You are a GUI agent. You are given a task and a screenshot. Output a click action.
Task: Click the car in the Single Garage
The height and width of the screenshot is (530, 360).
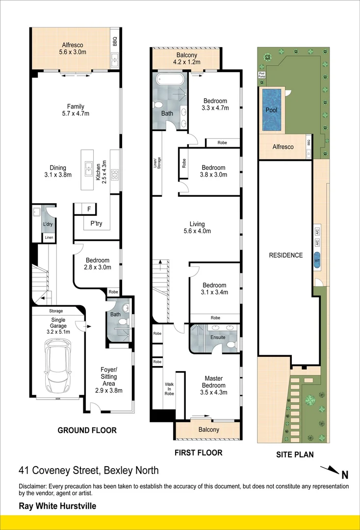(x=58, y=366)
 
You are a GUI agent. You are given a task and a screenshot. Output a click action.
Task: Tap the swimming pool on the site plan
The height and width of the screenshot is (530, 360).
(x=271, y=110)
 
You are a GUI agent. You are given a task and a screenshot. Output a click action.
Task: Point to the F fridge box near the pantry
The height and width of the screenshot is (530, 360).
(x=89, y=209)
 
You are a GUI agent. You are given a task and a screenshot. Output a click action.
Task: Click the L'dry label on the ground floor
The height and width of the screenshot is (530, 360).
(x=48, y=224)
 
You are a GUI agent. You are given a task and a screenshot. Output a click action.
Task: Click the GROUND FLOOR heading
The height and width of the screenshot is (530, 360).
(x=87, y=430)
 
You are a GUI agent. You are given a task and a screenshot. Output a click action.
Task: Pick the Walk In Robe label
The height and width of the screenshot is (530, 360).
(x=169, y=389)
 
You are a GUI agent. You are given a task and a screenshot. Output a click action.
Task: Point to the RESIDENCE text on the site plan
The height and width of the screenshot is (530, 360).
(x=286, y=255)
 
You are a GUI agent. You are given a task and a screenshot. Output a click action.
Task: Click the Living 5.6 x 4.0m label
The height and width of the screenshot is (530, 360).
(x=197, y=227)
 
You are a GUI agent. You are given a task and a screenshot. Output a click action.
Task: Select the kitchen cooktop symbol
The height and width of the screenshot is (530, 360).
(x=114, y=174)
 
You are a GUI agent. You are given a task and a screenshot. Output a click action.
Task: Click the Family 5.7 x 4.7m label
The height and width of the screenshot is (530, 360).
(x=76, y=110)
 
